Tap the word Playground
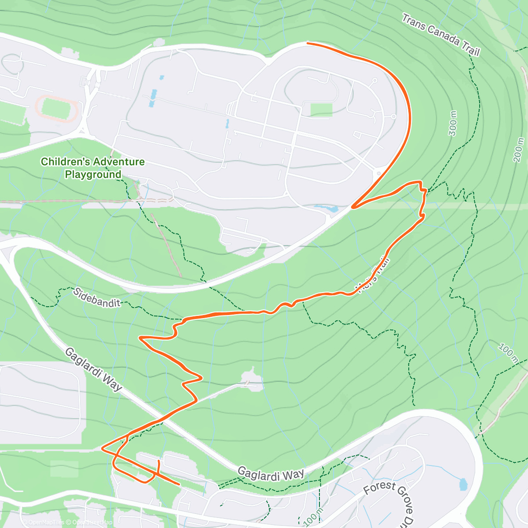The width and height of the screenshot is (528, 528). (93, 175)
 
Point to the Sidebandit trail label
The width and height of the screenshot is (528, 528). (97, 297)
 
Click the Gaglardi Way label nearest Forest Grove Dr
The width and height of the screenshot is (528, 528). (271, 474)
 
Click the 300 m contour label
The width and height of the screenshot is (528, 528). (453, 124)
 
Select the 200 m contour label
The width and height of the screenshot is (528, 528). (519, 150)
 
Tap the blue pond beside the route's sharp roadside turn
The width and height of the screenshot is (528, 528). (326, 208)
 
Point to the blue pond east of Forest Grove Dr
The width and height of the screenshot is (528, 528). (462, 484)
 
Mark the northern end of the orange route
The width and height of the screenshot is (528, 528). (308, 43)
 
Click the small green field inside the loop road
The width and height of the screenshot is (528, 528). (321, 110)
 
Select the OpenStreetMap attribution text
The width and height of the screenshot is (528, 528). (92, 522)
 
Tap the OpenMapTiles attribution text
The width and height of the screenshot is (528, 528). (46, 522)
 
